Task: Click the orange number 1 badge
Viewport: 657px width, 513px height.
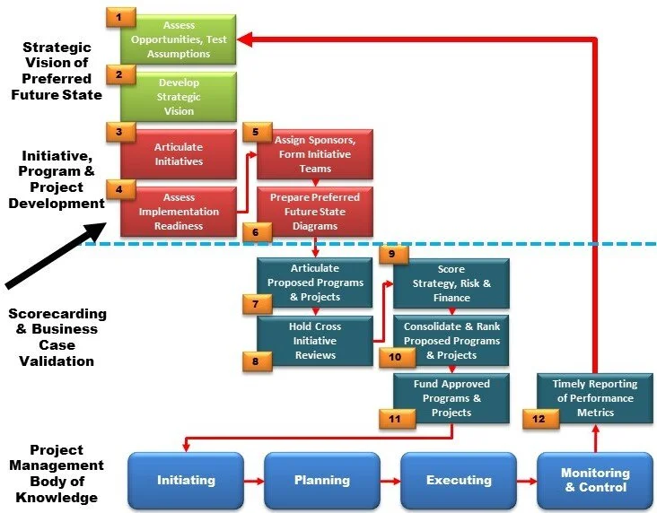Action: click(120, 16)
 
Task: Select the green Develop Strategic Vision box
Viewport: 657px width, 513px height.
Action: click(179, 97)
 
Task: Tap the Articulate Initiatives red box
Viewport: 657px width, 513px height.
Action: click(179, 154)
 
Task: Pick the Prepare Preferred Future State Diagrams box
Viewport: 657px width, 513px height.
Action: click(315, 211)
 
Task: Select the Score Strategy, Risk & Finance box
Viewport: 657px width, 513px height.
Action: click(451, 283)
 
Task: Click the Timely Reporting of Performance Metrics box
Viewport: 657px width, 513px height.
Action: click(594, 398)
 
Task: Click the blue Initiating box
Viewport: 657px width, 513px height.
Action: click(186, 481)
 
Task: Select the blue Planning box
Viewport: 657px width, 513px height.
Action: click(322, 481)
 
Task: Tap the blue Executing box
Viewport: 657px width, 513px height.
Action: click(459, 481)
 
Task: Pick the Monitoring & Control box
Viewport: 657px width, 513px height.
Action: click(595, 481)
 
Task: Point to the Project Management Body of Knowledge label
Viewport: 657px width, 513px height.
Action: click(56, 474)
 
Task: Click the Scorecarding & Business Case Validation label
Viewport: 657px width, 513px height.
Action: click(56, 337)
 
